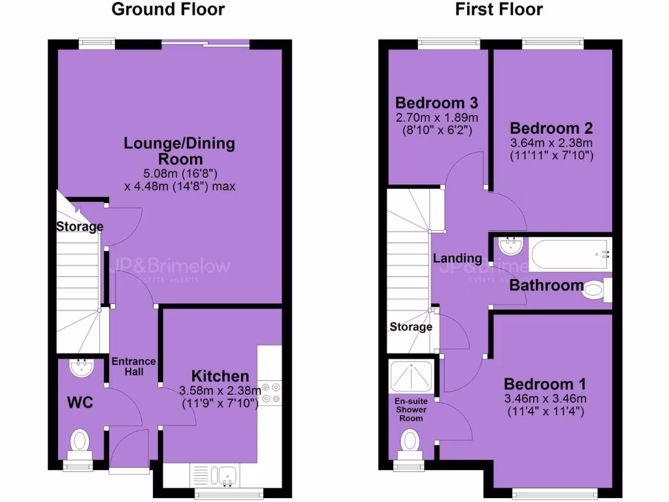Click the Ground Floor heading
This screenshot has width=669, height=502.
[168, 9]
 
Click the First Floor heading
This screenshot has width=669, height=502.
[498, 9]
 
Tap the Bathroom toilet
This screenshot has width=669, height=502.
[595, 289]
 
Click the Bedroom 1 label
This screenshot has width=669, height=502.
[545, 384]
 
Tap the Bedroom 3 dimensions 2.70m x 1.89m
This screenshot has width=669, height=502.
[437, 118]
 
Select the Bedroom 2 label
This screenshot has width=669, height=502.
[545, 128]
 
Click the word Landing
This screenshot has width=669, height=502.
[457, 258]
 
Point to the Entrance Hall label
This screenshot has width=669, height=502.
[133, 366]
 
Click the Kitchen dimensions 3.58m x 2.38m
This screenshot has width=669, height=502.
[220, 391]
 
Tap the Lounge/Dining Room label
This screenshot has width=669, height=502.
[180, 151]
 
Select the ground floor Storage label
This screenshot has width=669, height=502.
[79, 227]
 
